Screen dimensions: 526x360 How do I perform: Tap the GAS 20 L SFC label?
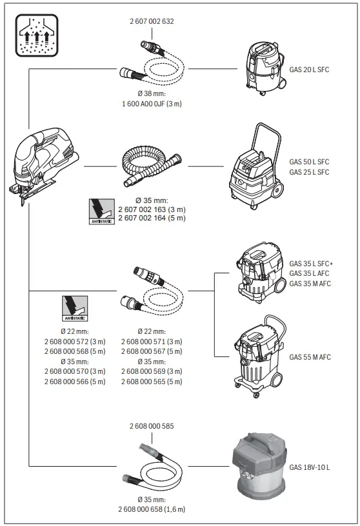click(309, 69)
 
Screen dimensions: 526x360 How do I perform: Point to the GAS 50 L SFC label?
click(309, 162)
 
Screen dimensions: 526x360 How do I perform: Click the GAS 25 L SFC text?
click(309, 172)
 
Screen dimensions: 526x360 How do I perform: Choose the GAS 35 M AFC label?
click(310, 284)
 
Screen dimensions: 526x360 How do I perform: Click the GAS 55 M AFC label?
click(310, 356)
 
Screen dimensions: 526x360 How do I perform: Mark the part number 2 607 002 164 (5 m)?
click(152, 218)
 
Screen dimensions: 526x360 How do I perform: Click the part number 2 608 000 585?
click(152, 426)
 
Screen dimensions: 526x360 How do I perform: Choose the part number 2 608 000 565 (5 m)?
click(152, 382)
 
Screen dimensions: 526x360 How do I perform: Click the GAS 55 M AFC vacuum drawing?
click(258, 355)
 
